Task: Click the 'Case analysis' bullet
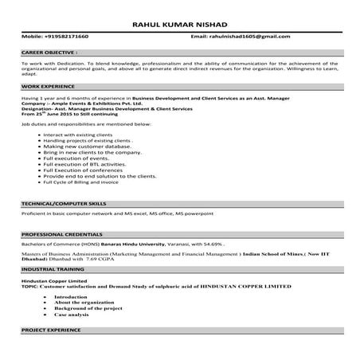click(x=75, y=314)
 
